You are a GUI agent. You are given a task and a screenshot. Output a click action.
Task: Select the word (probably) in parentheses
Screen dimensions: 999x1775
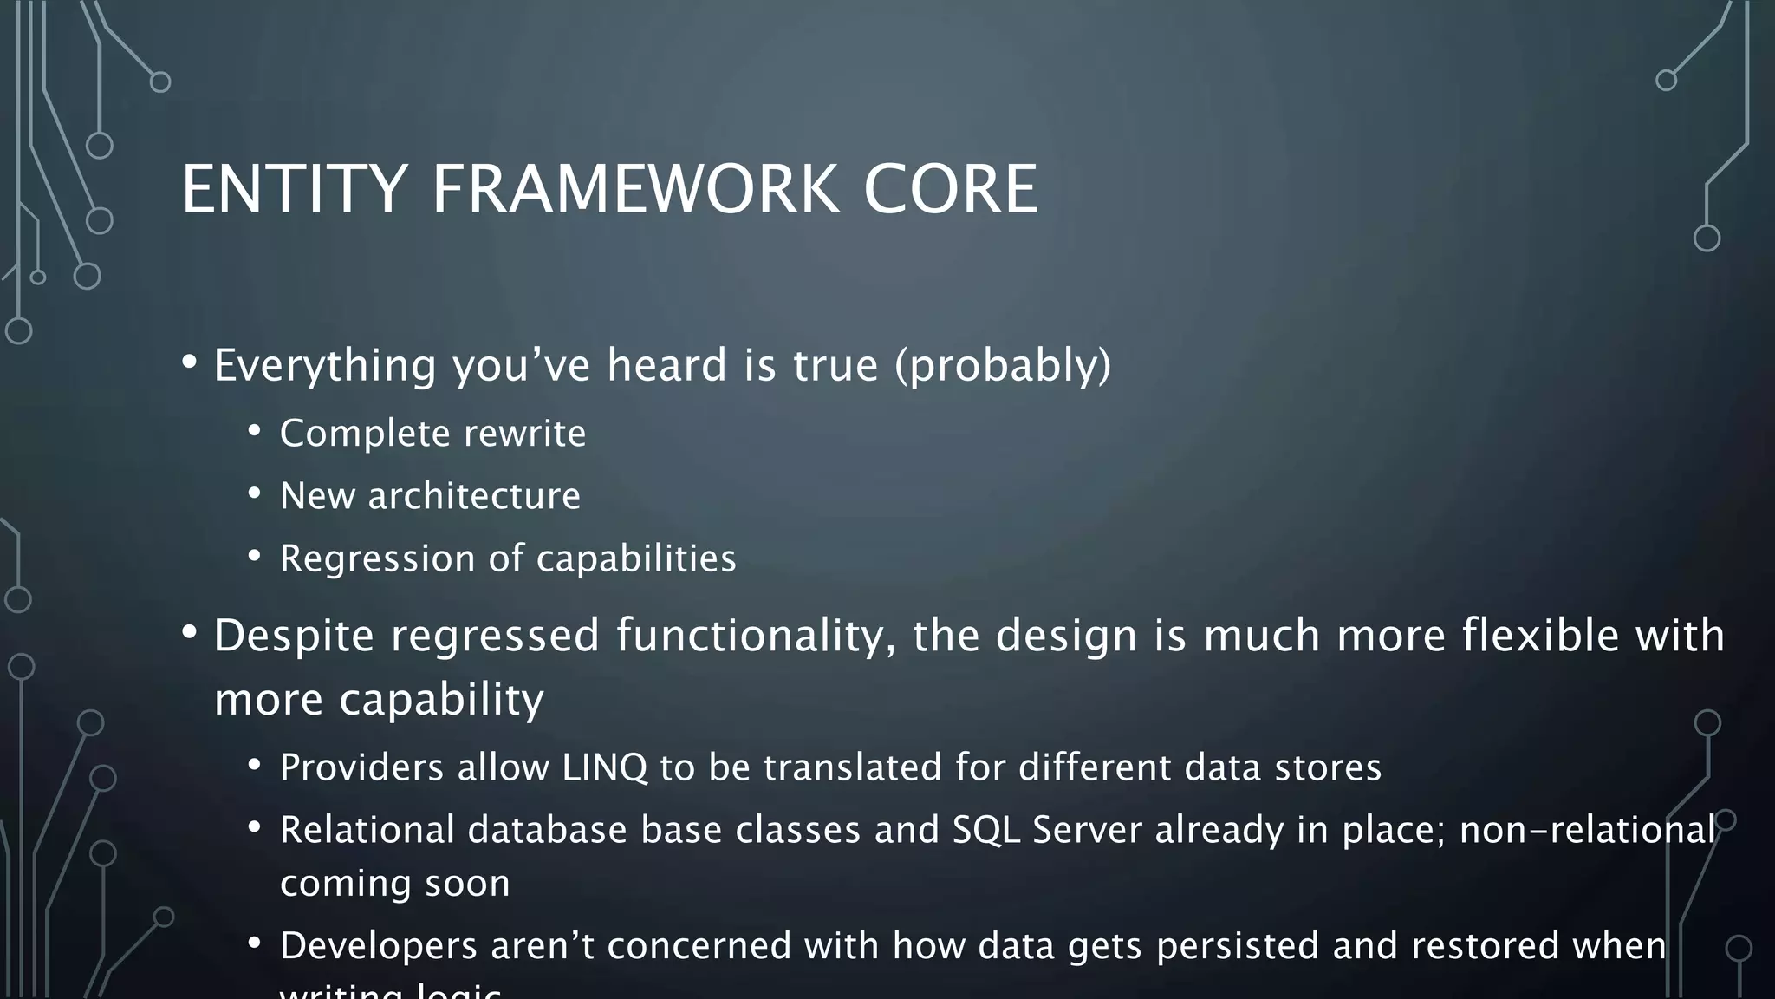pyautogui.click(x=1003, y=365)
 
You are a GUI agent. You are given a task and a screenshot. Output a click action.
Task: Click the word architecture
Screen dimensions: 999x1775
pyautogui.click(x=474, y=496)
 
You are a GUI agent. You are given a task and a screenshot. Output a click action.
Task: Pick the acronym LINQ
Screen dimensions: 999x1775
pyautogui.click(x=604, y=767)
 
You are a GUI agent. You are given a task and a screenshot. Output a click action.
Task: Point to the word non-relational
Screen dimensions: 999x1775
pyautogui.click(x=1587, y=830)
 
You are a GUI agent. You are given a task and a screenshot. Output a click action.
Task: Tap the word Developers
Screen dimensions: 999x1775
pyautogui.click(x=378, y=945)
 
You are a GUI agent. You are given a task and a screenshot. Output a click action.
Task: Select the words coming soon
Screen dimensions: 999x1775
pyautogui.click(x=394, y=884)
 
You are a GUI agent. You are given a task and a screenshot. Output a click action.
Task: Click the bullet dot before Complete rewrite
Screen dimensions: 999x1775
pyautogui.click(x=254, y=431)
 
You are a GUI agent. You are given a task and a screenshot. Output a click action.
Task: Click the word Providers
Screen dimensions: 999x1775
pyautogui.click(x=361, y=767)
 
